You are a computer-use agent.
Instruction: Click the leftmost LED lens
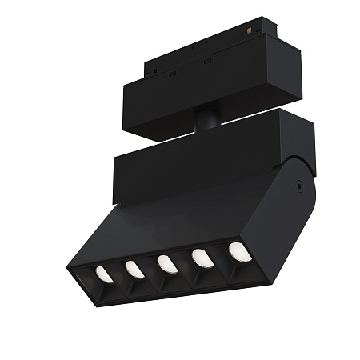tap(104, 274)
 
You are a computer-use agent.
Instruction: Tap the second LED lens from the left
tap(135, 270)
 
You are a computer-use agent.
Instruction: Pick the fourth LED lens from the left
tap(202, 258)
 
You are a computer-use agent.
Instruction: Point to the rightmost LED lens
tap(239, 251)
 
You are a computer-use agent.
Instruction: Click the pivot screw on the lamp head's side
tap(298, 182)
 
